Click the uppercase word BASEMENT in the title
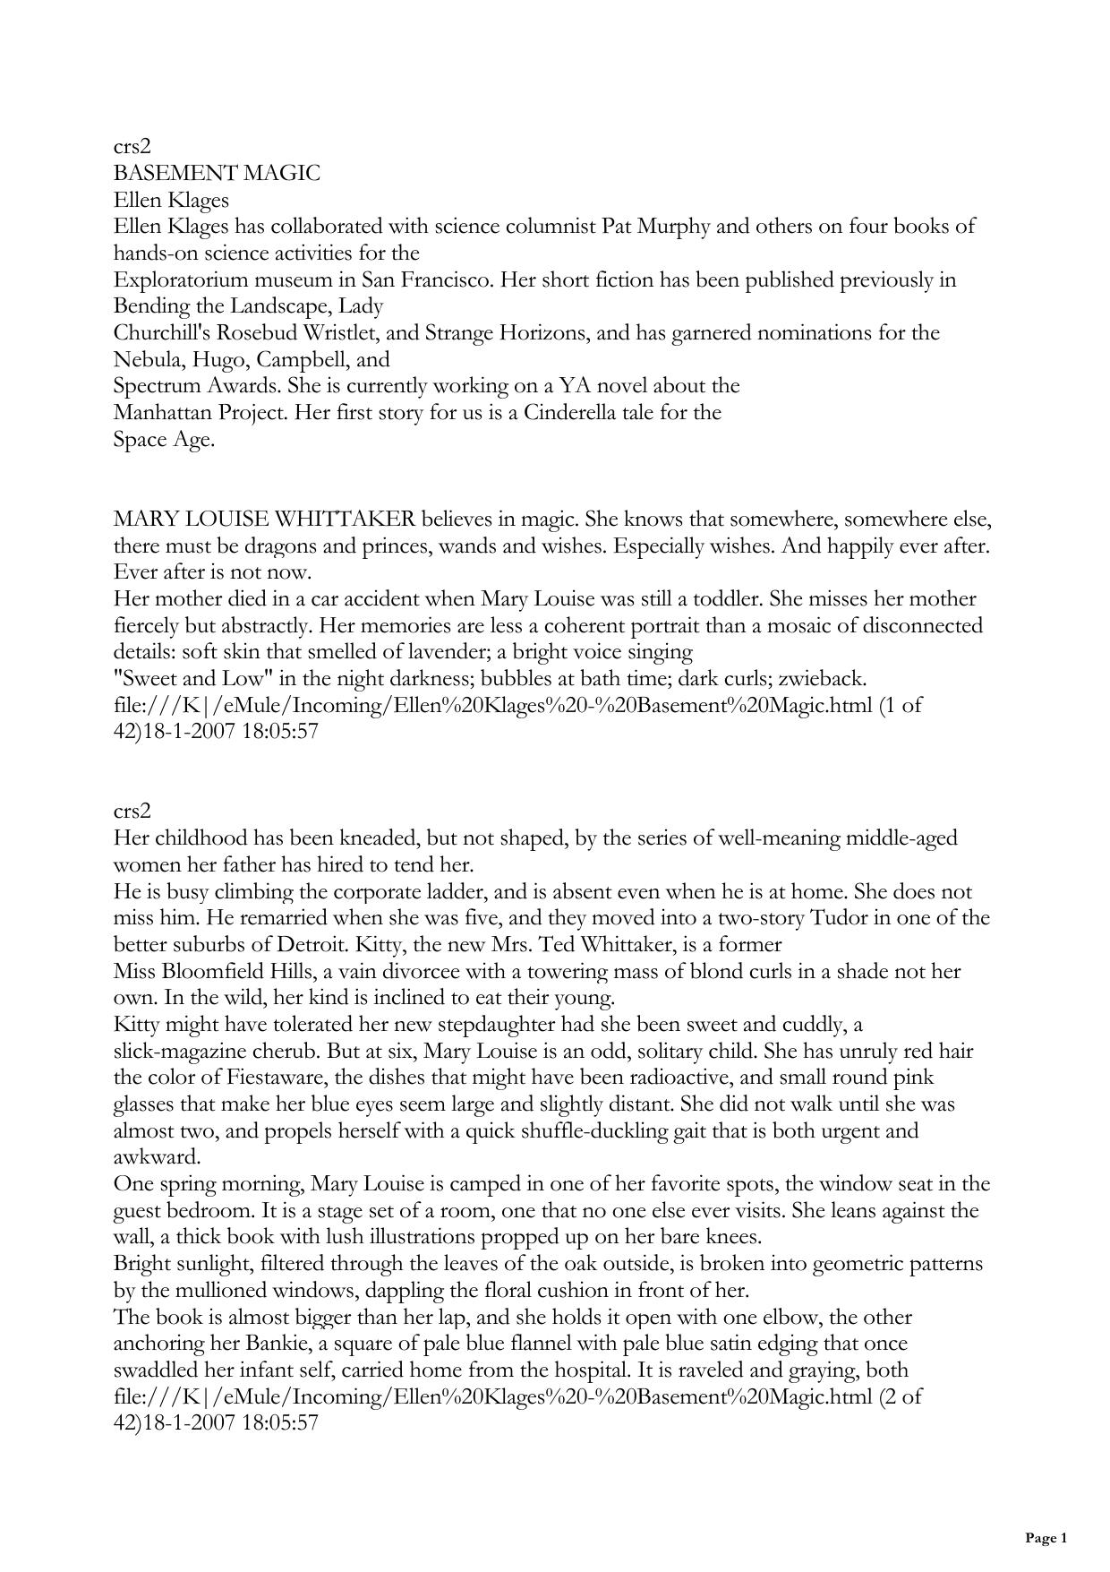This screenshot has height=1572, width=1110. coord(166,173)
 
